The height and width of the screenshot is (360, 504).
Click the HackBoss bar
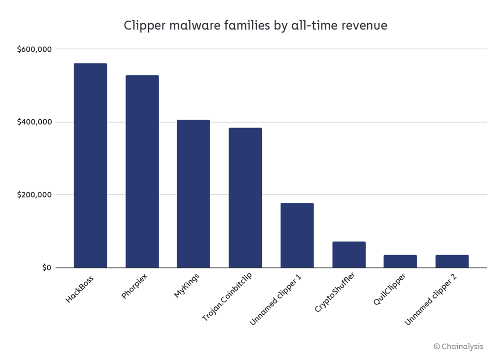[x=90, y=165]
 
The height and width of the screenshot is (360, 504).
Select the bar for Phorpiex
[x=142, y=171]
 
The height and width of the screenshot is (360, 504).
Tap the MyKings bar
[x=193, y=194]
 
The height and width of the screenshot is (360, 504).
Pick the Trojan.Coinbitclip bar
[x=245, y=197]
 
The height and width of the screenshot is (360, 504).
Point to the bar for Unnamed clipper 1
[x=297, y=235]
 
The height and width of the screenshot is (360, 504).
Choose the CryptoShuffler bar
[x=348, y=255]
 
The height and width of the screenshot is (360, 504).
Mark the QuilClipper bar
[x=400, y=261]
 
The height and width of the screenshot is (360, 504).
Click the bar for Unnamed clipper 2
[x=452, y=261]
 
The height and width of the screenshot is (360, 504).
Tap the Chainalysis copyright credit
[x=458, y=346]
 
